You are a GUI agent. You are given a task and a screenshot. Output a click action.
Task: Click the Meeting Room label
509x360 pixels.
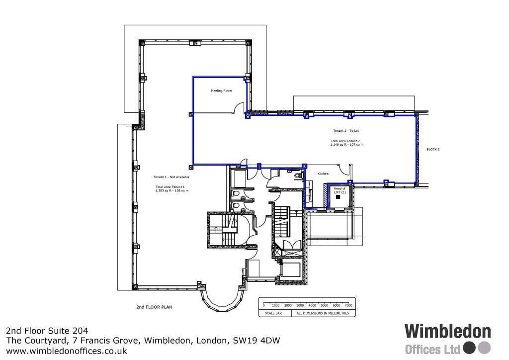pos(221,91)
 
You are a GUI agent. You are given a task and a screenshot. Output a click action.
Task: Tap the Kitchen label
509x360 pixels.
pos(323,174)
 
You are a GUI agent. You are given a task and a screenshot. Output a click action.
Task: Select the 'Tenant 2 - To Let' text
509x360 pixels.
pos(346,131)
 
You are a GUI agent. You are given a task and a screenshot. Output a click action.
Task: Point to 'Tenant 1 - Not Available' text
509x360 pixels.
pos(171,177)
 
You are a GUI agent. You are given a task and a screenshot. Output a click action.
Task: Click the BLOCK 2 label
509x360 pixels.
pos(433,149)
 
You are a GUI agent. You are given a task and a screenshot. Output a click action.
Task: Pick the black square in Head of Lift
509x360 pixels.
pos(338,197)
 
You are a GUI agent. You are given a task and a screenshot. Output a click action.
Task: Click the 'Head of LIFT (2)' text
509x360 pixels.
pos(339,190)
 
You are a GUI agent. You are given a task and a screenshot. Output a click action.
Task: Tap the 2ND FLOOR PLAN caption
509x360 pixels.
pos(154,307)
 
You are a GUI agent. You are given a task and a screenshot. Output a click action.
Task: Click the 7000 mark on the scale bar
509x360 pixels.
pos(348,305)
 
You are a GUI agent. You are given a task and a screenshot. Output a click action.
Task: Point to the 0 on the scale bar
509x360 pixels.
pos(263,305)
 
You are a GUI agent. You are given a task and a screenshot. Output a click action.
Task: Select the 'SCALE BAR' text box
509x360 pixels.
pos(275,314)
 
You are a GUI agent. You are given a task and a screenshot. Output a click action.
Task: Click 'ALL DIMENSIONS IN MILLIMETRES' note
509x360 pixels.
pos(323,314)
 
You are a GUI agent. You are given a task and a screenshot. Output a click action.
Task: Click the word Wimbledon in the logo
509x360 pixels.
pos(447,332)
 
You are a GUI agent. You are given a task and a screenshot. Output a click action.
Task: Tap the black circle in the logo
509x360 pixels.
pos(469,348)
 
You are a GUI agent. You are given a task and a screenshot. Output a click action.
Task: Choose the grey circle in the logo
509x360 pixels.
pos(484,348)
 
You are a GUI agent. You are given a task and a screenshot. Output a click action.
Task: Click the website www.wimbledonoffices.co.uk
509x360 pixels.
pos(67,351)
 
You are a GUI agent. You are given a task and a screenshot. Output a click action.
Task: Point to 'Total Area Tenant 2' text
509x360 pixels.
pos(345,141)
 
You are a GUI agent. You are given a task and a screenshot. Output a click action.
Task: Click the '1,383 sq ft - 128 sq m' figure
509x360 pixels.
pos(171,190)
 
